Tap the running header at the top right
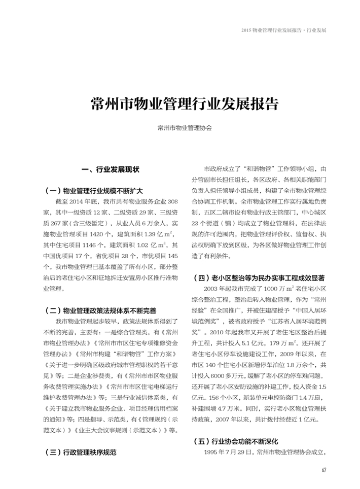(x=284, y=30)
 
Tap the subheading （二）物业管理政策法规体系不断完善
(x=100, y=310)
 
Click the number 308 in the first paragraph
(x=172, y=201)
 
